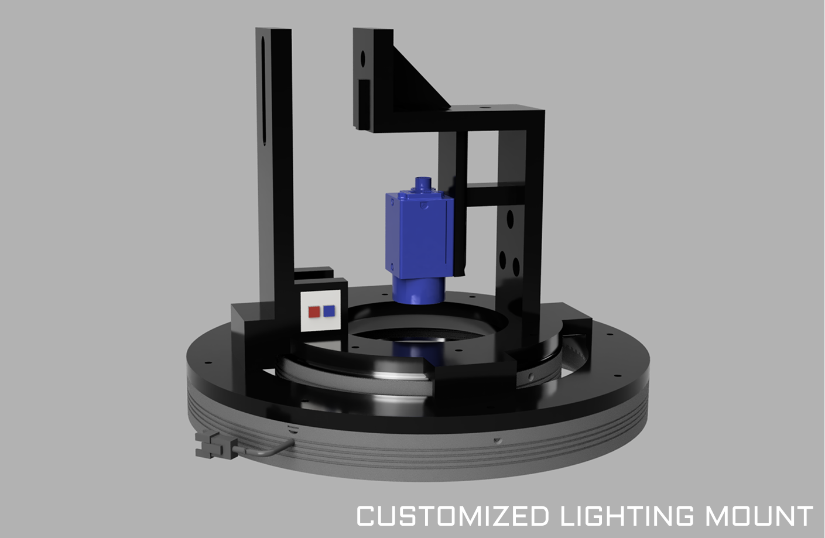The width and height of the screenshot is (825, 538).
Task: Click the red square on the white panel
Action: [314, 312]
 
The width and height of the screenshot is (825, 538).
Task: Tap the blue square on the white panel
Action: [329, 311]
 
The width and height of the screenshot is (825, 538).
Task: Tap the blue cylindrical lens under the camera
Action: [419, 290]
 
